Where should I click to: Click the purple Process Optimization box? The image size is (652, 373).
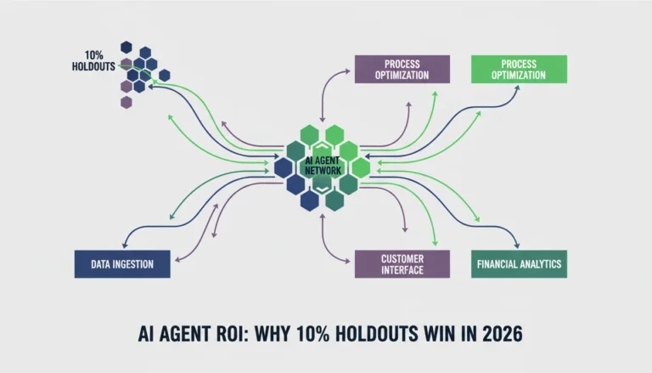[x=402, y=69]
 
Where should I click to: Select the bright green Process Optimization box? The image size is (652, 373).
[x=519, y=69]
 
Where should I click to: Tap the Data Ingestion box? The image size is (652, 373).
[x=122, y=264]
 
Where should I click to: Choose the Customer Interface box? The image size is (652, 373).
[x=402, y=264]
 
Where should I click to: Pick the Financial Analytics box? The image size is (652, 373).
[x=519, y=264]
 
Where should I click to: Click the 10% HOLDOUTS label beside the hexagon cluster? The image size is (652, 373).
[x=93, y=61]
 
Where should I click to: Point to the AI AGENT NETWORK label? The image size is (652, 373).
[x=323, y=166]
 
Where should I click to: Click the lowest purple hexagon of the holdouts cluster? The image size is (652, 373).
[x=126, y=102]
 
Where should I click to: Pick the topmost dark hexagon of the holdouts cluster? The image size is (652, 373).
[x=126, y=48]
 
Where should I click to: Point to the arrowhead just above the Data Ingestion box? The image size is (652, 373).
[x=126, y=246]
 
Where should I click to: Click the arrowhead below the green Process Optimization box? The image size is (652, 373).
[x=517, y=88]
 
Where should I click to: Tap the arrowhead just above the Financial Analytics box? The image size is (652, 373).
[x=517, y=246]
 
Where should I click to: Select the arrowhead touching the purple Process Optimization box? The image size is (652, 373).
[x=346, y=71]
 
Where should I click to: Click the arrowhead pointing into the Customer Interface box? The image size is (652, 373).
[x=346, y=262]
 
